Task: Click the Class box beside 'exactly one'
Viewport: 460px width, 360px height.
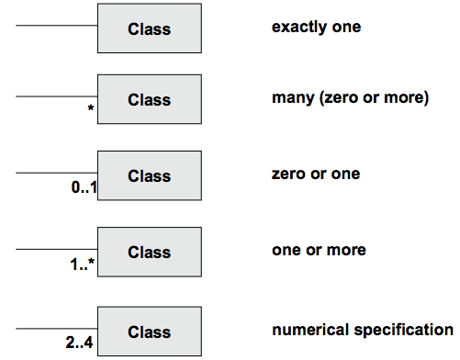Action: point(150,28)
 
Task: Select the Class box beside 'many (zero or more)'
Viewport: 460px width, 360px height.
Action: point(150,99)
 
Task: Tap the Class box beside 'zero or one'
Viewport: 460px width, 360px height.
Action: point(150,175)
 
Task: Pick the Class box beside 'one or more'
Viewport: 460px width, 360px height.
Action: point(150,252)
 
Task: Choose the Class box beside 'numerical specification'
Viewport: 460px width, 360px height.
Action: point(150,332)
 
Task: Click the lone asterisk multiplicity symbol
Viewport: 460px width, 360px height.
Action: point(91,107)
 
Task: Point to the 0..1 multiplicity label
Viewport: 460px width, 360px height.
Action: point(84,187)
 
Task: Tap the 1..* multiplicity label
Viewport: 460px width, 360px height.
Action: point(83,264)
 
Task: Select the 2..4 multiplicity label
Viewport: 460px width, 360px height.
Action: point(79,343)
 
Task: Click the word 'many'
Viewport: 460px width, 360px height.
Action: point(293,98)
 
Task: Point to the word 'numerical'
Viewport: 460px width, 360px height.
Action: point(310,330)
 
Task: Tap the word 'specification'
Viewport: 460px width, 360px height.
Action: point(404,331)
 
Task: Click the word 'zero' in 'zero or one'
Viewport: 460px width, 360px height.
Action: point(288,174)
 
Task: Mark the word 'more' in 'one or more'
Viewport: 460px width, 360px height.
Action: point(346,251)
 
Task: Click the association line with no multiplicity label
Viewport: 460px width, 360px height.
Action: point(57,26)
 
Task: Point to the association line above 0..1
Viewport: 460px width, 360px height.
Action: point(57,173)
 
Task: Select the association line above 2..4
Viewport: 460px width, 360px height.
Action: point(57,329)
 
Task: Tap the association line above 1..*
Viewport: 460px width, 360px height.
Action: point(57,249)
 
